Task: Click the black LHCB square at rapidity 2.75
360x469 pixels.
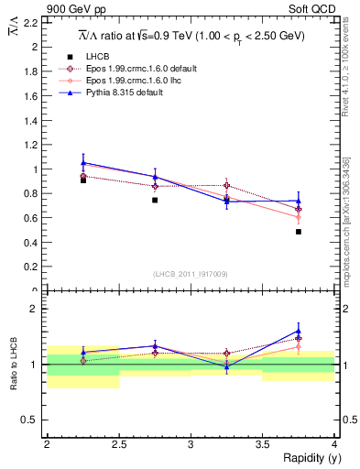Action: (x=155, y=200)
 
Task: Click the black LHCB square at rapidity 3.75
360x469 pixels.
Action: (x=299, y=232)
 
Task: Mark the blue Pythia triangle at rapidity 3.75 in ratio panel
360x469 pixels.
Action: (x=299, y=331)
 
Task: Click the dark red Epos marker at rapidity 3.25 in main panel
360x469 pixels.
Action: (x=227, y=185)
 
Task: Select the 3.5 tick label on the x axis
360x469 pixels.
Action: (x=262, y=443)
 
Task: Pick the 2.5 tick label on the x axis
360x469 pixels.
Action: (x=119, y=443)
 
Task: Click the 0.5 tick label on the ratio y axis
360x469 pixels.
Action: (x=29, y=420)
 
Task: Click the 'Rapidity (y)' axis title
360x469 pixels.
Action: (x=307, y=457)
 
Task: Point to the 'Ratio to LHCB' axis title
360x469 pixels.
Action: (x=12, y=365)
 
